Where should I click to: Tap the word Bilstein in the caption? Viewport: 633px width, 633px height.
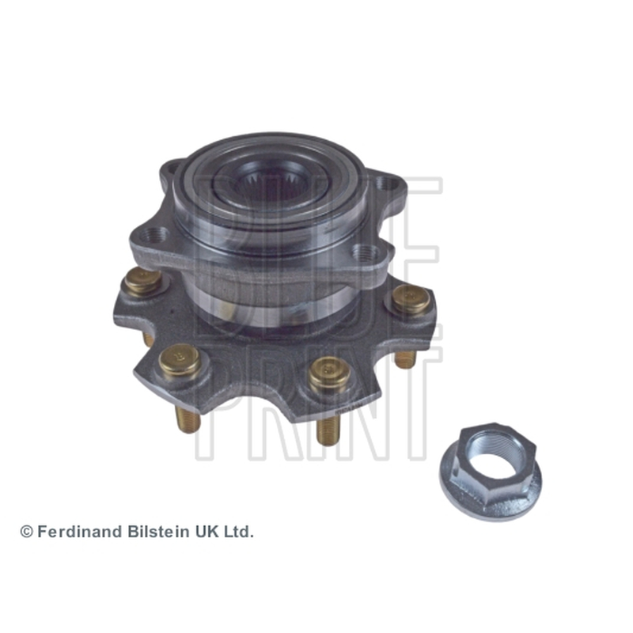click(x=159, y=532)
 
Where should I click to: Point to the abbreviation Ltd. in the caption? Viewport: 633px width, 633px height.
click(x=240, y=532)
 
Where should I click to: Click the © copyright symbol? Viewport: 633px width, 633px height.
click(x=27, y=532)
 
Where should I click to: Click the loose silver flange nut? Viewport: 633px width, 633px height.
click(x=491, y=471)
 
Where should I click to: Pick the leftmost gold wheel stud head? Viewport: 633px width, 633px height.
click(x=142, y=281)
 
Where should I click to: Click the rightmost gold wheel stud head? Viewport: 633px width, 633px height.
click(x=411, y=299)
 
